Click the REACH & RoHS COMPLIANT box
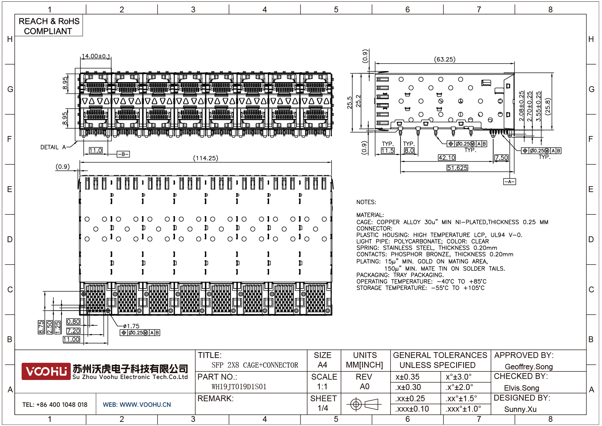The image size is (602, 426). click(x=48, y=25)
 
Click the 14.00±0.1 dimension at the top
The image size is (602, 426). click(x=96, y=56)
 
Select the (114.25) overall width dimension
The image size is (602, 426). click(x=206, y=158)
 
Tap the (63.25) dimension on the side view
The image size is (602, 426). click(x=445, y=59)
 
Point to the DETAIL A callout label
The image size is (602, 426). click(x=53, y=147)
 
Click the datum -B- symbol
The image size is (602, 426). click(x=123, y=154)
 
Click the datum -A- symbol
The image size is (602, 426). click(x=509, y=181)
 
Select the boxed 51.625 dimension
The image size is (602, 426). click(x=457, y=168)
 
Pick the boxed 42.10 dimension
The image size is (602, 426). click(x=447, y=157)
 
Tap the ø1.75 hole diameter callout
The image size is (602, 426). click(x=131, y=326)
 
